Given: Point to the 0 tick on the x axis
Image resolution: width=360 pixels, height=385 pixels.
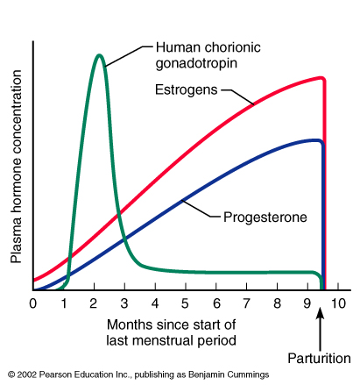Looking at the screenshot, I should coord(33,303).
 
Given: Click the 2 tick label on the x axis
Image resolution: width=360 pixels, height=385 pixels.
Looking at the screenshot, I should coord(94,303).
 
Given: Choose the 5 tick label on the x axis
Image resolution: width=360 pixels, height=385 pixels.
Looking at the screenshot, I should coord(186,303).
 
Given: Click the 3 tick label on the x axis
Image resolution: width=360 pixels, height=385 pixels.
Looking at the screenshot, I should coord(124,303).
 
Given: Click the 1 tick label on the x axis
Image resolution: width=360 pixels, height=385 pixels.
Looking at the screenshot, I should coord(63,303).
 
